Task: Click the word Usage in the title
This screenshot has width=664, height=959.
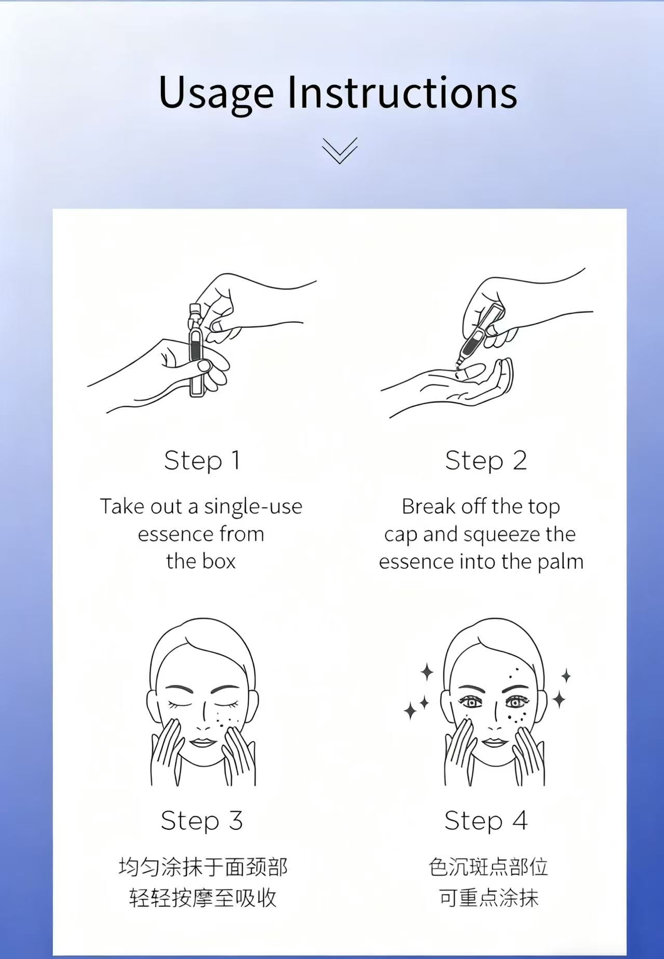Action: (x=216, y=93)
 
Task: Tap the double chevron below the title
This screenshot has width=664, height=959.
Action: (x=340, y=150)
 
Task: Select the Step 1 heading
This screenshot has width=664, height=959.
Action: (x=202, y=460)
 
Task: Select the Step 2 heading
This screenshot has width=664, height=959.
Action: (x=486, y=460)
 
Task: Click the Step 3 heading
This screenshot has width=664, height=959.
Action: (x=202, y=820)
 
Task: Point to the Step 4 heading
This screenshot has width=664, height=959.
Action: (x=486, y=820)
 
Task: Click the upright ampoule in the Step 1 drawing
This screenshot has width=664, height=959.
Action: (x=196, y=350)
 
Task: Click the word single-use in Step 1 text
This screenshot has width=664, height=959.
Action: (x=253, y=506)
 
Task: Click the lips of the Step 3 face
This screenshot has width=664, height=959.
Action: (x=202, y=742)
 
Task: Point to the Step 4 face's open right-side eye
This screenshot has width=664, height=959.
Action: (x=515, y=703)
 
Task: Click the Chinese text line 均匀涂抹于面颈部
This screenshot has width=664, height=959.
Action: (x=203, y=867)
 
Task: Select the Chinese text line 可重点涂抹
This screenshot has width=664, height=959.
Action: (x=489, y=898)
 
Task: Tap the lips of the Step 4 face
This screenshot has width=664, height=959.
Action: (x=494, y=742)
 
